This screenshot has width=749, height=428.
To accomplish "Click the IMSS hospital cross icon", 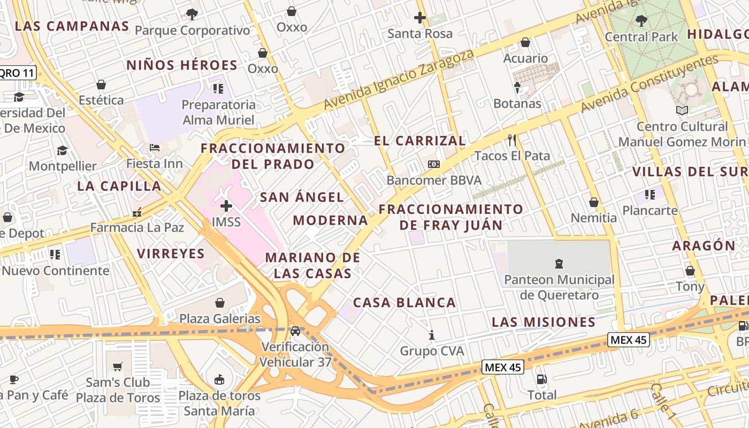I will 226,205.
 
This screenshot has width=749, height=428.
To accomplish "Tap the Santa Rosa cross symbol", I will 420,17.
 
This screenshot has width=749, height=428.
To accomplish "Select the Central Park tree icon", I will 641,21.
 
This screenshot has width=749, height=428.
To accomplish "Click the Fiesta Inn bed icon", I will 155,148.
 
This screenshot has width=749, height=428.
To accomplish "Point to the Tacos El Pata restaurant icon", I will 512,140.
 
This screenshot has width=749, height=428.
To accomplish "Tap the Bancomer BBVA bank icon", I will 434,164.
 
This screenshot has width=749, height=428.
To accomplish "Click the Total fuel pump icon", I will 542,379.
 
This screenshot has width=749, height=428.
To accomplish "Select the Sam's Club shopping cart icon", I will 118,366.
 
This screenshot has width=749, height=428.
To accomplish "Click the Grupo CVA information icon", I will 432,335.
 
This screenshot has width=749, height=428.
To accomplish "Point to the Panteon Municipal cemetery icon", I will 559,263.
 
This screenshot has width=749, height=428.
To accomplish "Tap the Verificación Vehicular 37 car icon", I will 295,331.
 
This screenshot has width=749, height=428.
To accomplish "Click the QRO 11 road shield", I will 17,73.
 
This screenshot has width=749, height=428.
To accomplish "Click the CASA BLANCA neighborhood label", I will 404,303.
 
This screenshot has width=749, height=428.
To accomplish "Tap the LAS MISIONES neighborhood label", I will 543,322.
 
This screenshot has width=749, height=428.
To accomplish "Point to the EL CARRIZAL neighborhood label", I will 419,141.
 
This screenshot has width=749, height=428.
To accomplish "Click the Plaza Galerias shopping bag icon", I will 219,303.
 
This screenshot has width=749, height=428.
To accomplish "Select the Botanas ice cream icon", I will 517,88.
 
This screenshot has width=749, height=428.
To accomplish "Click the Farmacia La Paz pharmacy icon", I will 137,212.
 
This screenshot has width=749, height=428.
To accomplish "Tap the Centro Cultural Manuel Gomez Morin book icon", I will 682,111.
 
